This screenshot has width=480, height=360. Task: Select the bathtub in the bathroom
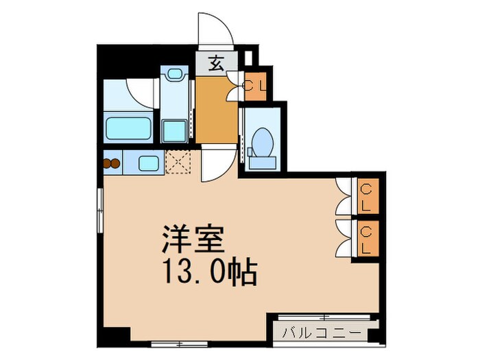pyautogui.click(x=128, y=128)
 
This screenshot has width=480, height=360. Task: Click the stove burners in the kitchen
pyautogui.click(x=111, y=163)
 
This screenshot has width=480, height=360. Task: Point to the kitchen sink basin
pyautogui.click(x=148, y=163)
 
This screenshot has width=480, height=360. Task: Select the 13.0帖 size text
pyautogui.click(x=208, y=274)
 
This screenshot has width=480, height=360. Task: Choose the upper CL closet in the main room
pyautogui.click(x=366, y=196)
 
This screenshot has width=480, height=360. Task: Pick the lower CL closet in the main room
pyautogui.click(x=366, y=237)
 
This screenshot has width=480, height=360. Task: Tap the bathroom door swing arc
pyautogui.click(x=141, y=91)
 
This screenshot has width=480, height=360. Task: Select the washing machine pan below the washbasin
pyautogui.click(x=174, y=128)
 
